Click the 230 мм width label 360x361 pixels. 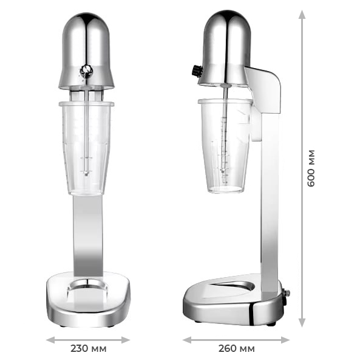click(88, 348)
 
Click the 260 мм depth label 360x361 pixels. click(236, 348)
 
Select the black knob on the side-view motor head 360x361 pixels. click(197, 70)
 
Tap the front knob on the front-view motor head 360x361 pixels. click(86, 70)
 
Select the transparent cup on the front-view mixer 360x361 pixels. click(86, 146)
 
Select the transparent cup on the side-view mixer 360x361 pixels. click(225, 146)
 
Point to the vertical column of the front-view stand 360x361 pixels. click(87, 234)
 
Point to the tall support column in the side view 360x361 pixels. click(270, 201)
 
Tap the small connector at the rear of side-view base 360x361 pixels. click(286, 293)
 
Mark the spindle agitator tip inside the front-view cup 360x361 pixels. click(86, 173)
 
